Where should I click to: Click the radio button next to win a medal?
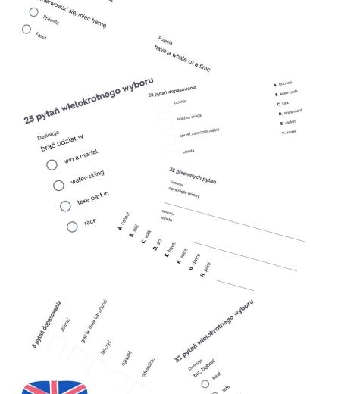point(52,164)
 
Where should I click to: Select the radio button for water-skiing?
point(58,186)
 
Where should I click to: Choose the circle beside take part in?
point(65,206)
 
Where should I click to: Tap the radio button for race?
point(72,227)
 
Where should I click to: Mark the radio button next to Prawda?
point(33,12)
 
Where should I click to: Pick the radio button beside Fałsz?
point(27,30)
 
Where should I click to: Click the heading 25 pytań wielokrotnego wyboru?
point(89,100)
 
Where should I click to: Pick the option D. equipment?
point(290,112)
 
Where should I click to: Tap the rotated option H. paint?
point(206,269)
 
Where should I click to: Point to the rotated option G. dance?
point(194,262)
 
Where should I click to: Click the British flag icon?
point(54,386)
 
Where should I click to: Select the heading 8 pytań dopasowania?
point(47,324)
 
